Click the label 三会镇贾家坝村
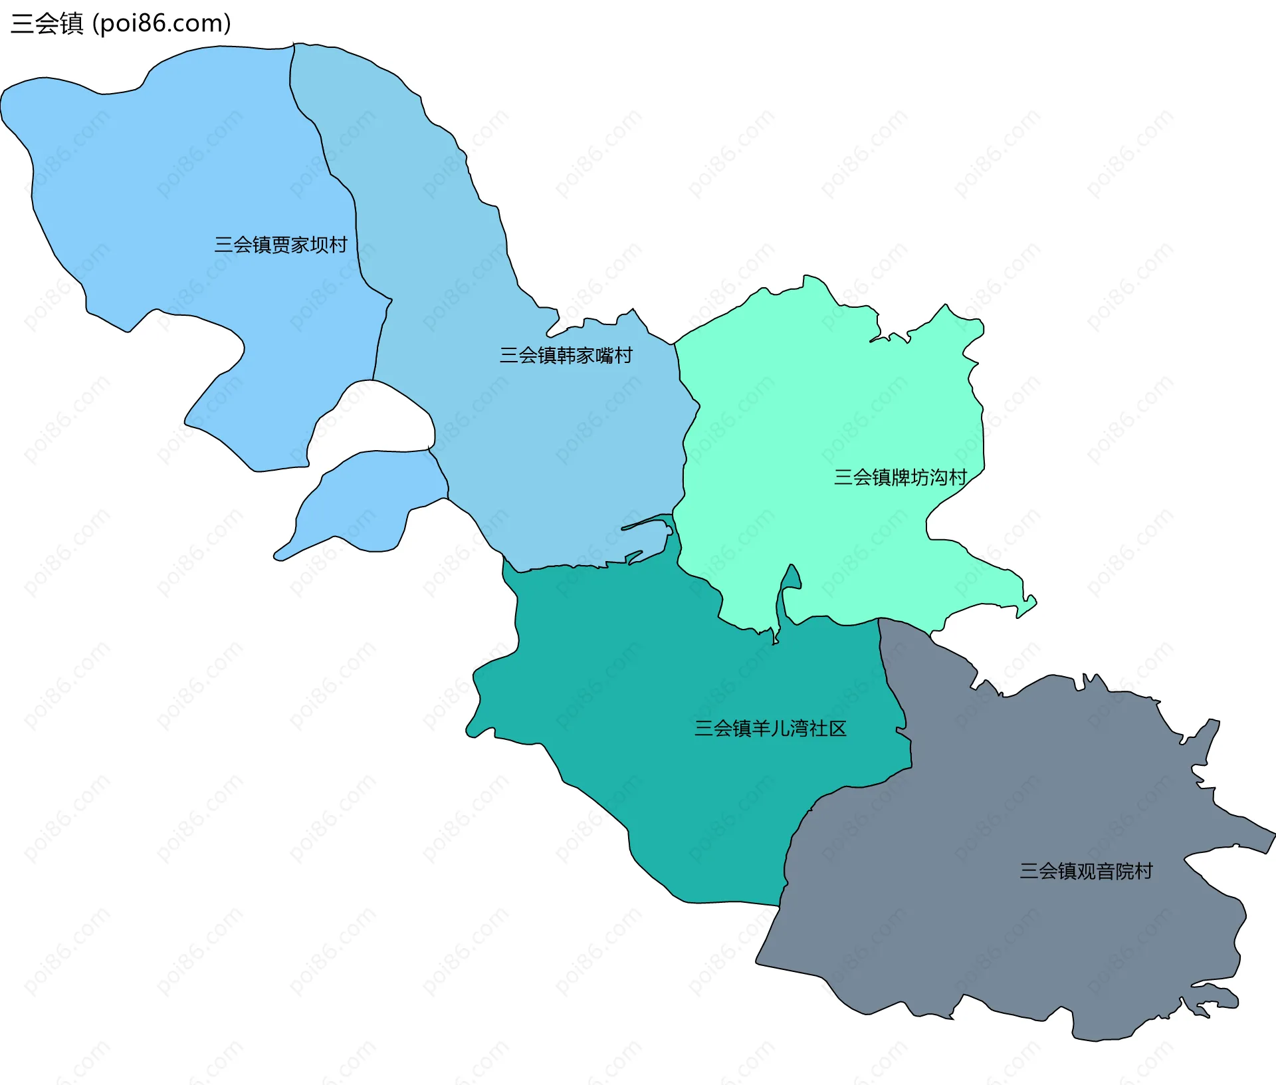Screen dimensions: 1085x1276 (x=280, y=245)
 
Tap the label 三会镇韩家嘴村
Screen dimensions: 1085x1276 (x=566, y=355)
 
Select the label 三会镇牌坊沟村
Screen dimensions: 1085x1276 (x=900, y=477)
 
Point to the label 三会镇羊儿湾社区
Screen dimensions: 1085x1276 (x=770, y=728)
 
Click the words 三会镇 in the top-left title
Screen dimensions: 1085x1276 (x=47, y=23)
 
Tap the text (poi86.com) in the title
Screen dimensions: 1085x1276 (x=161, y=23)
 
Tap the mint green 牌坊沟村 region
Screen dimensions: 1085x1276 (x=831, y=399)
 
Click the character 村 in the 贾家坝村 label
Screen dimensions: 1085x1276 (x=338, y=245)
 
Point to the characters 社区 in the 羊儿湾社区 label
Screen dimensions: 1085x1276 (x=827, y=728)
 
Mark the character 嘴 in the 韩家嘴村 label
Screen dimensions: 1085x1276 (x=604, y=355)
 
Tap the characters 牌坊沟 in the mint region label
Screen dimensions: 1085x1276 (x=919, y=477)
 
